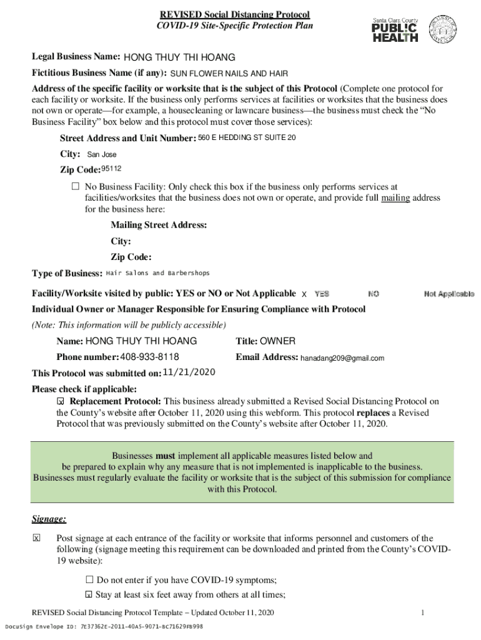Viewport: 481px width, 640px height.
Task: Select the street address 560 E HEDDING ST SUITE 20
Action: pos(247,138)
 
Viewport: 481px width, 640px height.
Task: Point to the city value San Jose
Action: pos(101,154)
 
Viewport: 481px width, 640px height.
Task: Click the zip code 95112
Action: pos(112,169)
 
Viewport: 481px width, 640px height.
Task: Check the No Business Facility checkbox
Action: pos(76,187)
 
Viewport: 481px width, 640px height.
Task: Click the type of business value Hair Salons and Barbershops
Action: pos(158,273)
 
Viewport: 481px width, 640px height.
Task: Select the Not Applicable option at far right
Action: pos(449,294)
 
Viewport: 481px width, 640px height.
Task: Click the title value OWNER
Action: pos(278,341)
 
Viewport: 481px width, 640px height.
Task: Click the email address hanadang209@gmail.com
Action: pos(342,358)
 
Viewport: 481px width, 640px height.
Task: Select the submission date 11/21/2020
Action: pos(189,372)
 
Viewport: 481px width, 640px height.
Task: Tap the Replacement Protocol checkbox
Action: pos(61,401)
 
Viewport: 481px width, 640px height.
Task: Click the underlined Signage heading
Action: pos(49,519)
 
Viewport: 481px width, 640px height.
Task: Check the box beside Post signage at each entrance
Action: pos(36,538)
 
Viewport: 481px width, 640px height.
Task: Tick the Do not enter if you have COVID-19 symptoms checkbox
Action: pos(89,579)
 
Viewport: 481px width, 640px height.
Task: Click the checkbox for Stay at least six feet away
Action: pos(89,594)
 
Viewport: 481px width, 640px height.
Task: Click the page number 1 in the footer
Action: pos(423,612)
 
